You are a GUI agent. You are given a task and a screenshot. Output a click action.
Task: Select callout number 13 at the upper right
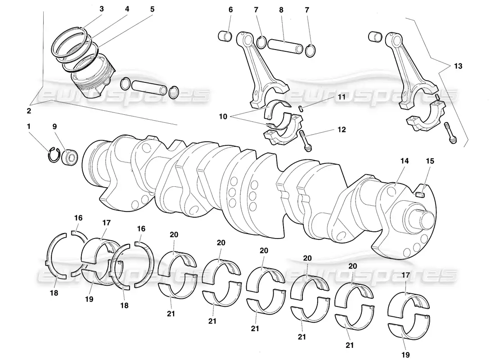tap(458, 66)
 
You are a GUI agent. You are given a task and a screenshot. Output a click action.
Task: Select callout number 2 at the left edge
tap(29, 110)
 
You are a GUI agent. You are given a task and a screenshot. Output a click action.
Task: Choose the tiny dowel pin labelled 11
tap(301, 107)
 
